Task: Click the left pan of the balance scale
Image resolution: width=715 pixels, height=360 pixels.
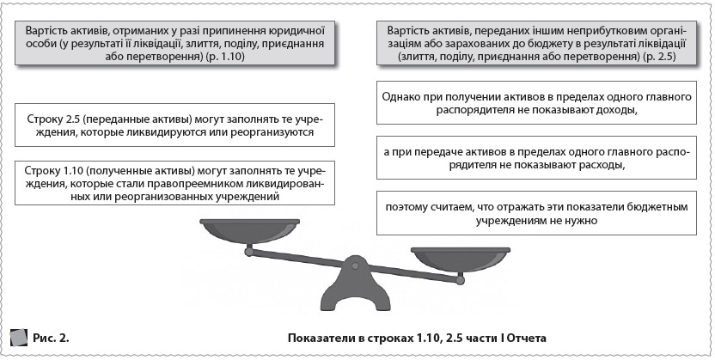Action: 248,230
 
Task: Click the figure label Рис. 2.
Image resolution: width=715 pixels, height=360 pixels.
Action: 51,335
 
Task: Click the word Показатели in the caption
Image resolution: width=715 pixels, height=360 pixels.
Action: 319,335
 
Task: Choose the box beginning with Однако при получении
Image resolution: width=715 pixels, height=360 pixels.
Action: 536,103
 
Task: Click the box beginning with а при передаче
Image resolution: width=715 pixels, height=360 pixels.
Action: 536,158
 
